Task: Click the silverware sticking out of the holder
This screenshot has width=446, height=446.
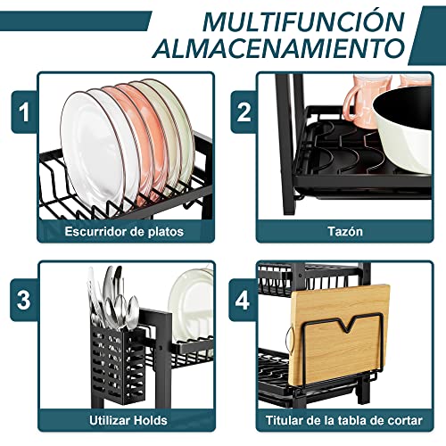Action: [x=114, y=294]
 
